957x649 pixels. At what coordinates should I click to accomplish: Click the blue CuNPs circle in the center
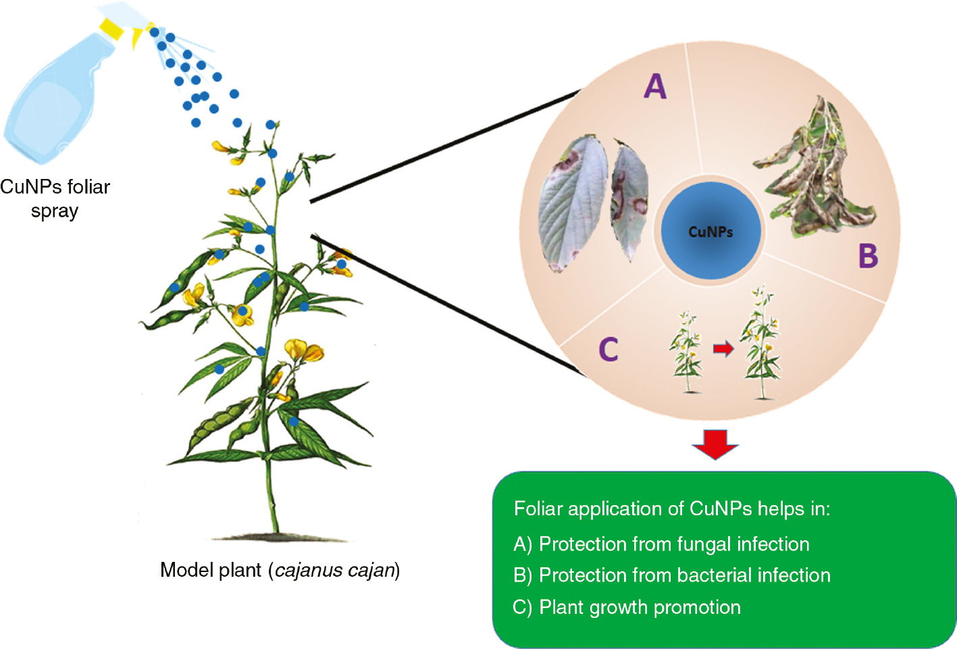(x=710, y=231)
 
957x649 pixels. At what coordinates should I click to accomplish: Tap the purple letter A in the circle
(x=654, y=86)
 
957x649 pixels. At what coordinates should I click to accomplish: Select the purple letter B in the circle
(x=868, y=256)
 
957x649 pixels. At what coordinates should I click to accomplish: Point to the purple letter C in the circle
(x=608, y=349)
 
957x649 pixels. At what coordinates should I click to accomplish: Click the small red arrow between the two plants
(x=723, y=349)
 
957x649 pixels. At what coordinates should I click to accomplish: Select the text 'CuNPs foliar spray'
(x=55, y=199)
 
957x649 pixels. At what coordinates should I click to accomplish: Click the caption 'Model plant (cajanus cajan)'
(x=280, y=570)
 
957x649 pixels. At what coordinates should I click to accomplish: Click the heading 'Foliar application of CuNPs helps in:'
(x=671, y=509)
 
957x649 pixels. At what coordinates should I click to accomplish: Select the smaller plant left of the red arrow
(x=687, y=351)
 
